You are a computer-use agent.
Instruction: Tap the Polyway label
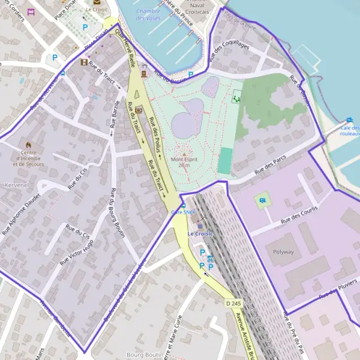pos(283,252)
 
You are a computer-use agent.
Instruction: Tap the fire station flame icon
pos(28,145)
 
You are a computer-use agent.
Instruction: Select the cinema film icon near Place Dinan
pos(83,62)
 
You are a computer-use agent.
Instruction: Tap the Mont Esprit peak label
pos(184,160)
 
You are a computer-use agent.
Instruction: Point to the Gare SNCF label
pos(184,212)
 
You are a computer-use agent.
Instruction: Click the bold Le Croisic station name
pos(200,233)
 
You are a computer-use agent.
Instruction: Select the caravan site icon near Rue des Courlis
pos(262,199)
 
